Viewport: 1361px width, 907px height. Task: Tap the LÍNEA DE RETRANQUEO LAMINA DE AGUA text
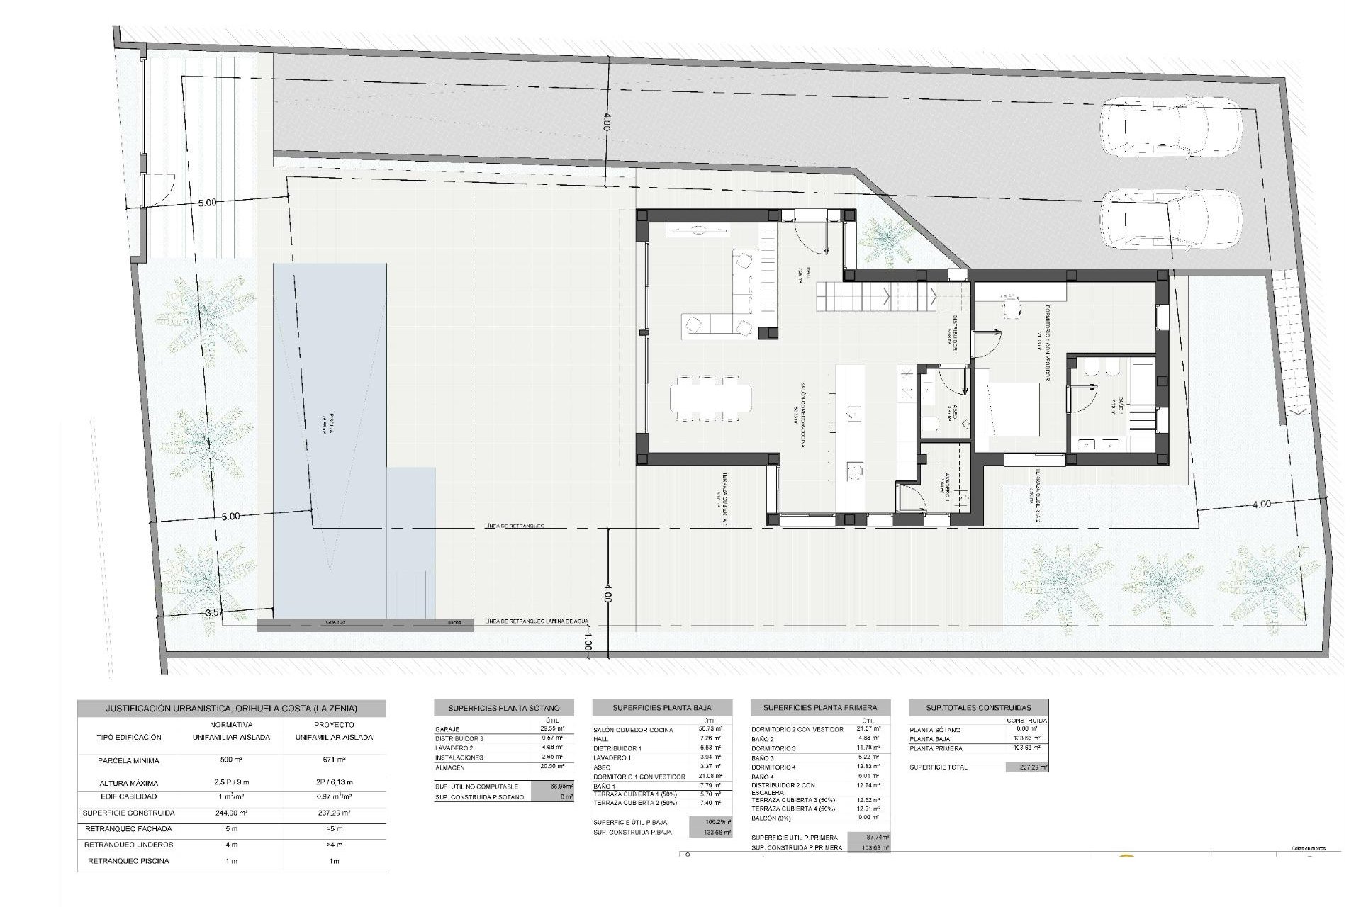pyautogui.click(x=537, y=621)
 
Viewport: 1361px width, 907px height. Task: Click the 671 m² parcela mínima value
pyautogui.click(x=334, y=761)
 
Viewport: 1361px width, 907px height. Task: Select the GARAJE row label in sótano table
pyautogui.click(x=448, y=729)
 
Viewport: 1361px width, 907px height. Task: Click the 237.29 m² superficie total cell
pyautogui.click(x=1026, y=767)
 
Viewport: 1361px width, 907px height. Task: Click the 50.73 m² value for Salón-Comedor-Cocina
pyautogui.click(x=709, y=728)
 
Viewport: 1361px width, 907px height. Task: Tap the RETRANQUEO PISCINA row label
pyautogui.click(x=128, y=861)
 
